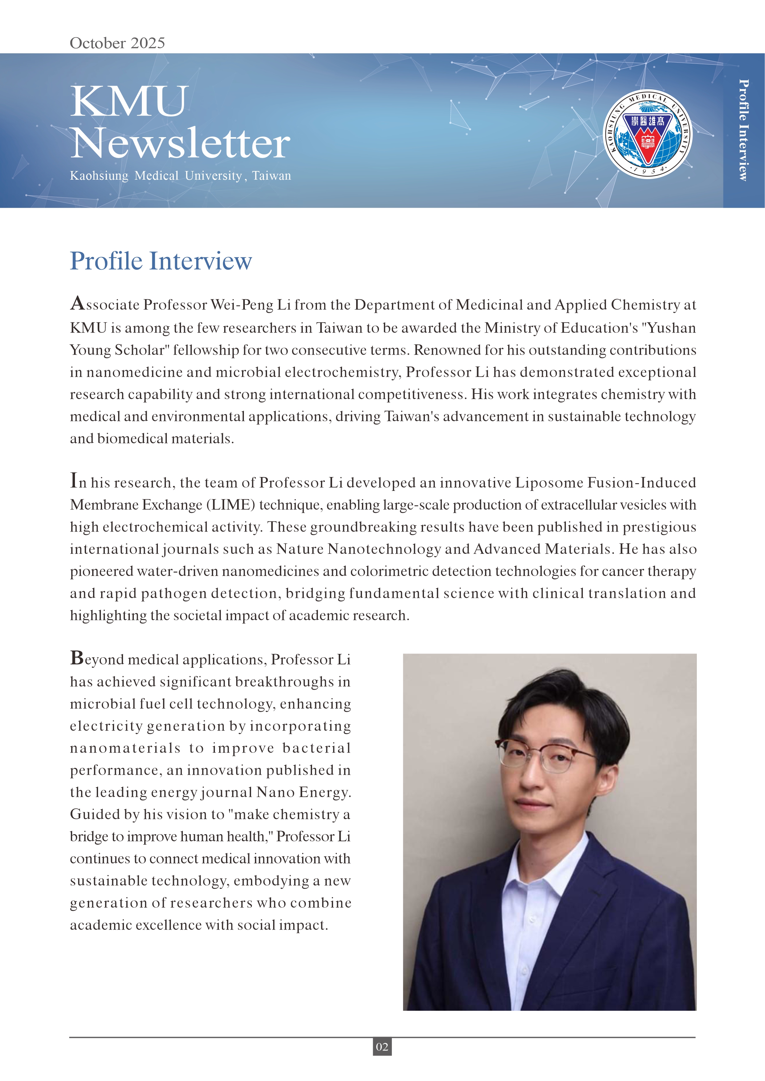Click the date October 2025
coord(117,43)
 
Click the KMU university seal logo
coord(648,135)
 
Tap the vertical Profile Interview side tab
coord(743,130)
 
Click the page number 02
coord(382,1046)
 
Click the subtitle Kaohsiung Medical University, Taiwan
coord(180,176)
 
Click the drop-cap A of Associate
coord(77,303)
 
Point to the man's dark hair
coord(561,702)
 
